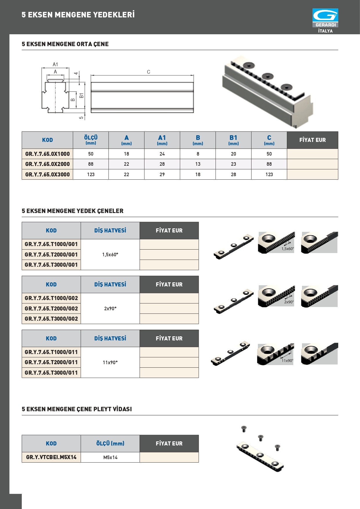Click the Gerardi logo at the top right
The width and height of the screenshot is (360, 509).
pyautogui.click(x=325, y=17)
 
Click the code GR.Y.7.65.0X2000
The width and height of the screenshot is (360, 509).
pyautogui.click(x=47, y=164)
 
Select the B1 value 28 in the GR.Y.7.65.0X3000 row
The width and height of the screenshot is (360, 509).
pyautogui.click(x=233, y=174)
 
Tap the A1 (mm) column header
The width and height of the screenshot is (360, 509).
pyautogui.click(x=162, y=140)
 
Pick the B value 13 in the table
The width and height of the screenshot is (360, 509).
pyautogui.click(x=198, y=164)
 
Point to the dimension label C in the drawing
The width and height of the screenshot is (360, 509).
pyautogui.click(x=149, y=72)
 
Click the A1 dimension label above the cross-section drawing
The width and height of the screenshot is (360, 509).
pyautogui.click(x=55, y=64)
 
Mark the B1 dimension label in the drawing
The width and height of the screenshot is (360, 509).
pyautogui.click(x=82, y=95)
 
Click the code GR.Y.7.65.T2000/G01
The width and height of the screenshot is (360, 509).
pyautogui.click(x=51, y=255)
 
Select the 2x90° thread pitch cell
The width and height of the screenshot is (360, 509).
pyautogui.click(x=110, y=308)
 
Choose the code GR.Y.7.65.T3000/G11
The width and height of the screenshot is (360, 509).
pyautogui.click(x=51, y=373)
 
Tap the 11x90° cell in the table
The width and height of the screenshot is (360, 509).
pyautogui.click(x=110, y=362)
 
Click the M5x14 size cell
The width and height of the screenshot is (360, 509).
pyautogui.click(x=110, y=457)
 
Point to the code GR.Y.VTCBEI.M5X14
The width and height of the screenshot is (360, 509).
pyautogui.click(x=51, y=457)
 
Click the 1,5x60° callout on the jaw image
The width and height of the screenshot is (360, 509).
pyautogui.click(x=287, y=249)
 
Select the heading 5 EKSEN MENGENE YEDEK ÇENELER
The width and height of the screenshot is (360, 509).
pyautogui.click(x=73, y=211)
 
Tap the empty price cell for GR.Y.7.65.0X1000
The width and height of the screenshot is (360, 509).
pyautogui.click(x=312, y=154)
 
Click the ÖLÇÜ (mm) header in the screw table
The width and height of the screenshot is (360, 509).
pyautogui.click(x=110, y=443)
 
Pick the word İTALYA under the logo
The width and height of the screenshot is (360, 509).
pyautogui.click(x=325, y=31)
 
